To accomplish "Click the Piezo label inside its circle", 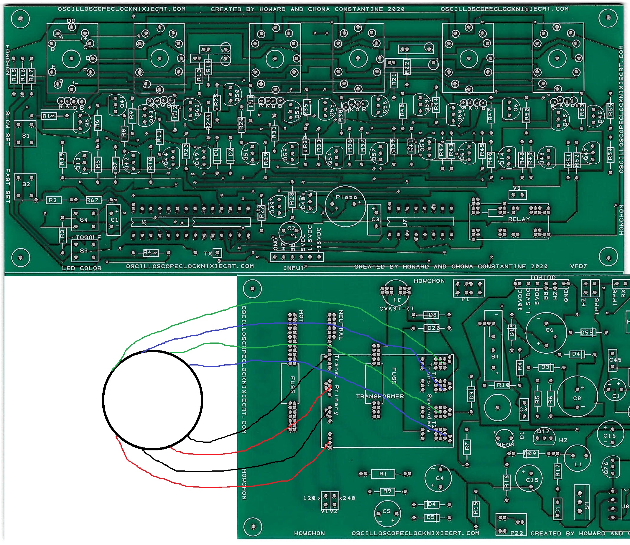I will tap(346, 197).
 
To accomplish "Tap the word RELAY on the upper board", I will tap(519, 219).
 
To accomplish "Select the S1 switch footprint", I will tap(25, 134).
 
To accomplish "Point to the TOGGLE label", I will tap(88, 237).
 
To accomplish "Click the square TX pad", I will tap(217, 253).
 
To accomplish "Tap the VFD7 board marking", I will tap(578, 266).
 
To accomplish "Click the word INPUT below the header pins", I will tap(294, 268).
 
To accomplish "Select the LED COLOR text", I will tap(82, 268).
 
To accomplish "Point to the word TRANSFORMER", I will tap(380, 396).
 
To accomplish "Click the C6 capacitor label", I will tap(550, 330).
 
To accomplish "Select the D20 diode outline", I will tap(432, 328).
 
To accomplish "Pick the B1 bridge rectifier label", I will tap(495, 356).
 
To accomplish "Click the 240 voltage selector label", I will tap(349, 498).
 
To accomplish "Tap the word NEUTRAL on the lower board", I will tap(341, 325).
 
